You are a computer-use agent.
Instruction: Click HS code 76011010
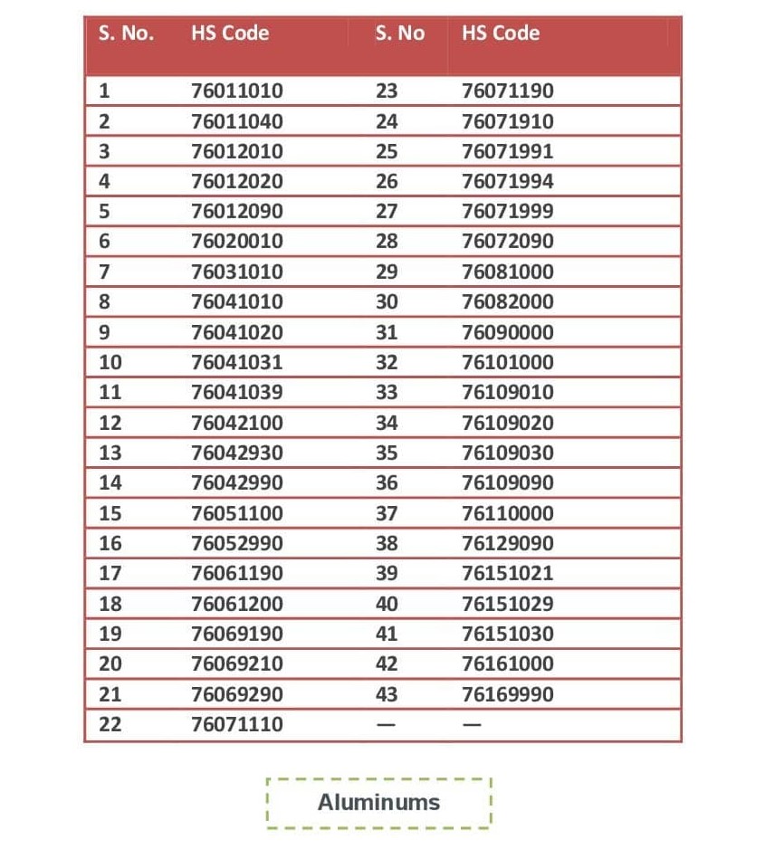pos(237,91)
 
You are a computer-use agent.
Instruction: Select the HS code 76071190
pos(507,91)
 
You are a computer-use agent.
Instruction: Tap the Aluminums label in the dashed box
pos(378,802)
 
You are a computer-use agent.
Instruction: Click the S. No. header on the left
pos(126,33)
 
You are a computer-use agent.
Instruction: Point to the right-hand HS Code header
pos(501,33)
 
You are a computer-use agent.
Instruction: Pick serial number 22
pos(110,724)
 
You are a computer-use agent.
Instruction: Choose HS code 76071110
pos(237,724)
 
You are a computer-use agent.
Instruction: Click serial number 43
pos(387,694)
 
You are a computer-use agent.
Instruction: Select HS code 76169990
pos(507,694)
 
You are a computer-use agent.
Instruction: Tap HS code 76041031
pos(237,362)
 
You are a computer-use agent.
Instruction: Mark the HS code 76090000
pos(507,332)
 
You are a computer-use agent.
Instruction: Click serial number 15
pos(110,513)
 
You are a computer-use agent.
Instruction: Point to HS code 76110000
pos(507,513)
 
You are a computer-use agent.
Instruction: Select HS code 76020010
pos(237,242)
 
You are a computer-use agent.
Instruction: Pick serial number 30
pos(387,301)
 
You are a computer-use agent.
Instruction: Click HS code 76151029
pos(507,604)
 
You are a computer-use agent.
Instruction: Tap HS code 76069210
pos(237,663)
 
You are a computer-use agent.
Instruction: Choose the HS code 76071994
pos(507,181)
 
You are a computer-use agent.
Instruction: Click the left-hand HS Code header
pos(230,33)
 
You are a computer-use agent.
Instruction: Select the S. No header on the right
pos(399,33)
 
